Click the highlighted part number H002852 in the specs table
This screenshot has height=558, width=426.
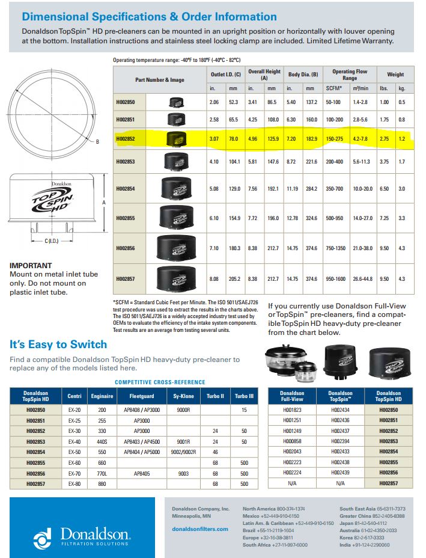point(126,139)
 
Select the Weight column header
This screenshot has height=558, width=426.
point(395,75)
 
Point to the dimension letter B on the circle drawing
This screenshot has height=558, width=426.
point(98,142)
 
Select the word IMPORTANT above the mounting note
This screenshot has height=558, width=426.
point(31,265)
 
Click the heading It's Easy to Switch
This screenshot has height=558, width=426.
point(58,345)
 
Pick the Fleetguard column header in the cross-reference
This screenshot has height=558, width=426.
point(142,396)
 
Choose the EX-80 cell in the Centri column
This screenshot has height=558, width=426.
point(75,483)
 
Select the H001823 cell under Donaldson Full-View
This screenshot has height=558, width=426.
point(293,409)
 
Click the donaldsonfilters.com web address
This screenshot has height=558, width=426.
point(200,529)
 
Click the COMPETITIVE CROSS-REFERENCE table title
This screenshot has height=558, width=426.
point(160,382)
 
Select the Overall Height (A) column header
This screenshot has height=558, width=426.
point(264,75)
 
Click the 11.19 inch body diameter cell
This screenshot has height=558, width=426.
point(293,189)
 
